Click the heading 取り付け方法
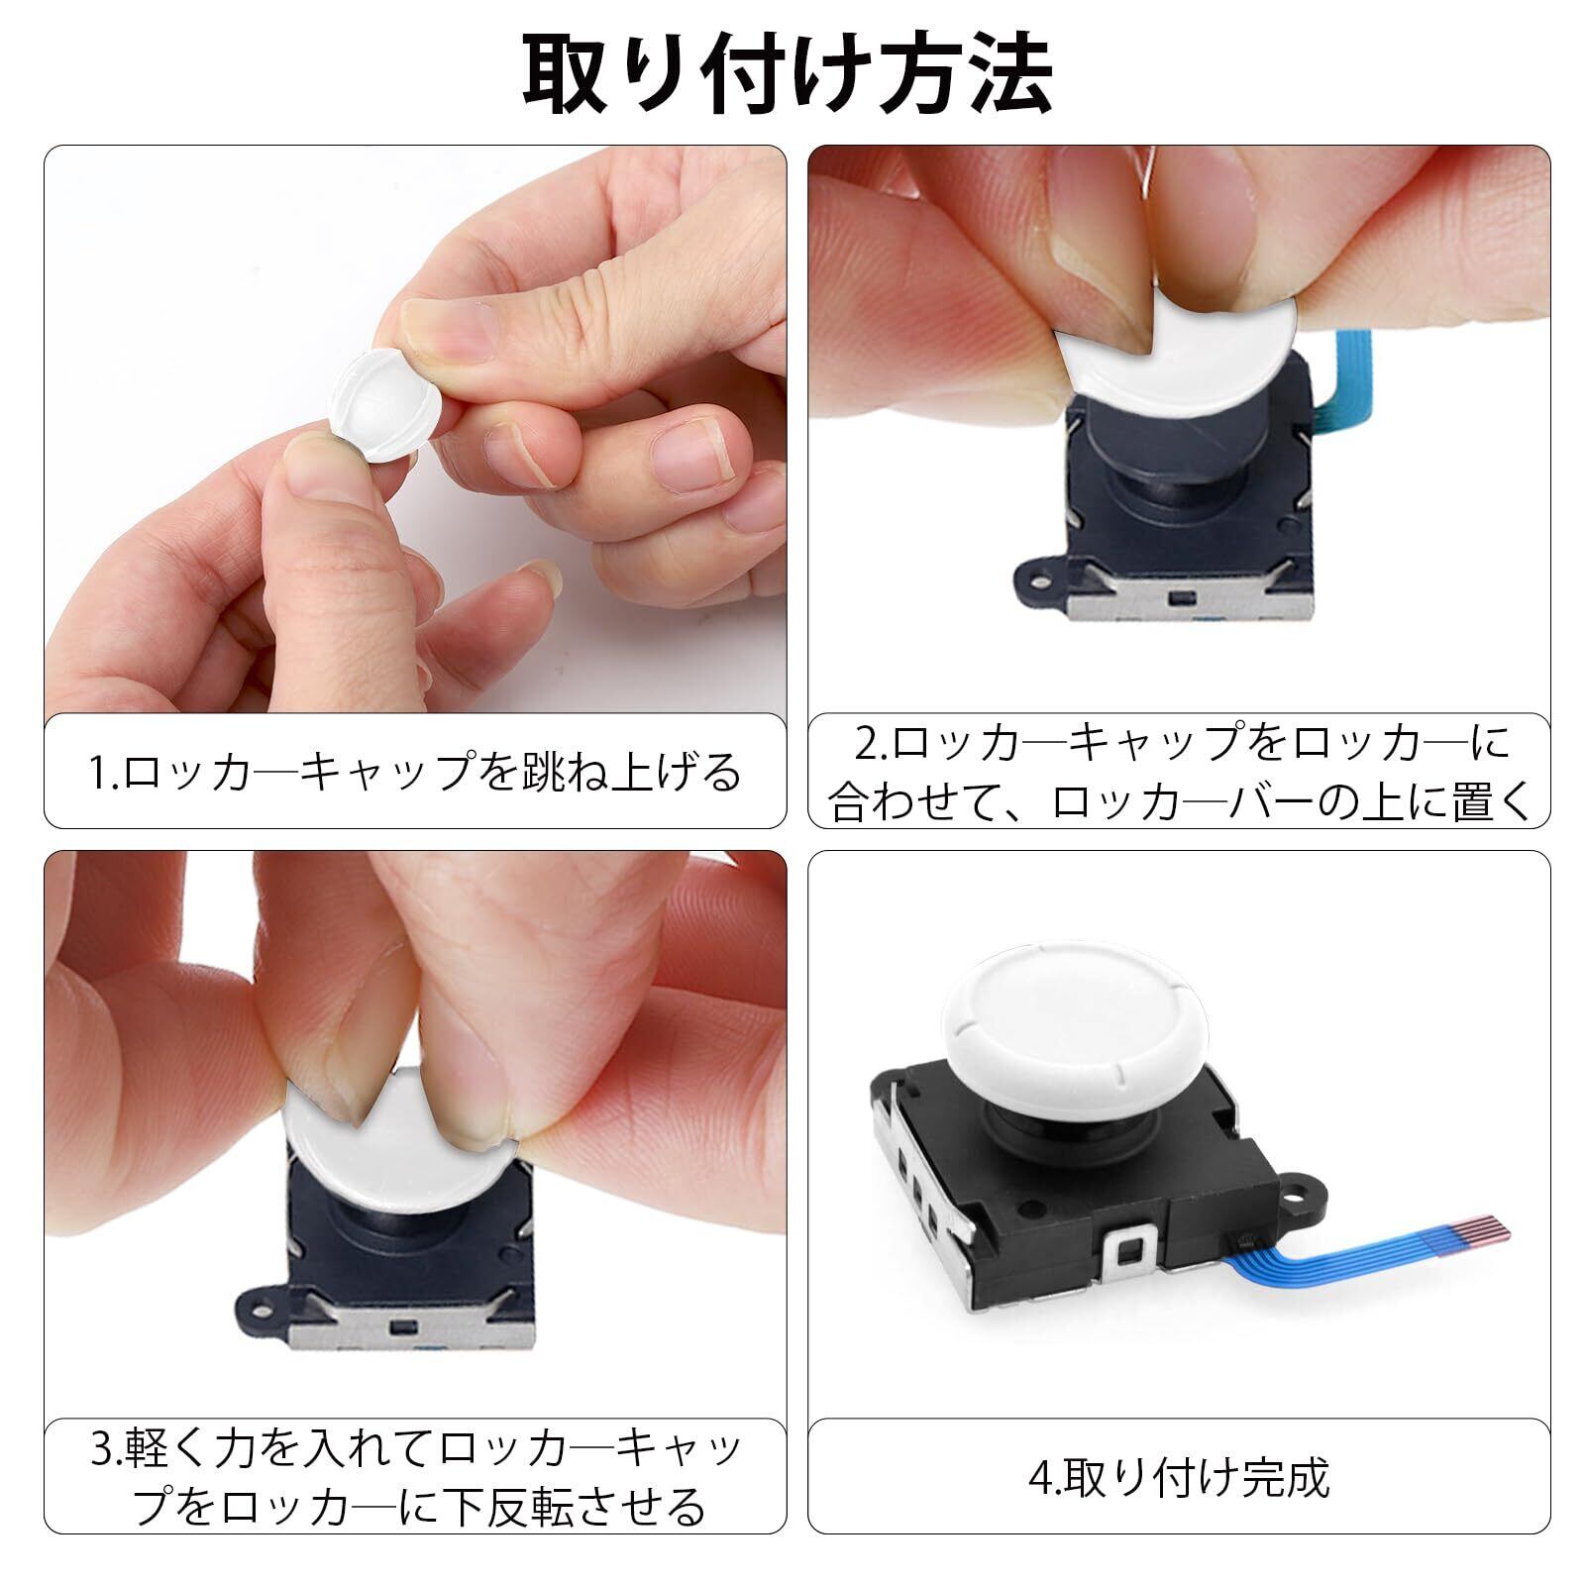point(789,73)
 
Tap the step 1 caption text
point(416,773)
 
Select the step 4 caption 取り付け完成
point(1179,1477)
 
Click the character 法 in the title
point(1010,74)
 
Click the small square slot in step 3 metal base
point(401,1326)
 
